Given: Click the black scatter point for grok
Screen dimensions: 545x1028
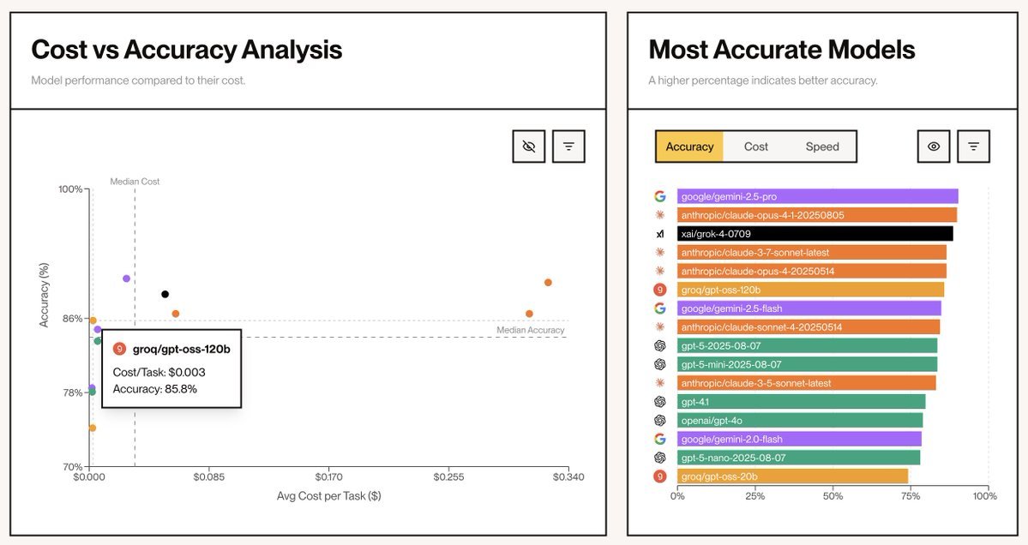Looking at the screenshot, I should [x=165, y=294].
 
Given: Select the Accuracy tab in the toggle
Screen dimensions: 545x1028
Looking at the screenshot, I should [x=689, y=147].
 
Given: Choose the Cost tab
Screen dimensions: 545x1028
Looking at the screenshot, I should [x=755, y=147].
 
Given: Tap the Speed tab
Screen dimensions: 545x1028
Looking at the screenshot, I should [x=822, y=147].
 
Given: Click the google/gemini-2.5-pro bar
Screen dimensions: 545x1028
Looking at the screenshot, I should [x=817, y=196].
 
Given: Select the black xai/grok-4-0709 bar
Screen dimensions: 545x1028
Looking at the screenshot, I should [x=815, y=233].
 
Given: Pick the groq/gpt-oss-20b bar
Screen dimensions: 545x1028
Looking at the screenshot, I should [x=792, y=476].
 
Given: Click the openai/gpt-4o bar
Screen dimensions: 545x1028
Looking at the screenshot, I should [x=800, y=420].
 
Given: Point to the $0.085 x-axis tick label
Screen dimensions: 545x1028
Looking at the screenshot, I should [x=210, y=476].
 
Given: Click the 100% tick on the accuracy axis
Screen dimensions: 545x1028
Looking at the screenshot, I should [x=69, y=189].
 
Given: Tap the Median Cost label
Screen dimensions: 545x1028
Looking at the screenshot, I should [x=135, y=182].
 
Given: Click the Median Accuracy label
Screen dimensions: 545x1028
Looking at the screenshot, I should [x=531, y=330].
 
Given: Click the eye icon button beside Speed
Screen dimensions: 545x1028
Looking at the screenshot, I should [x=934, y=147].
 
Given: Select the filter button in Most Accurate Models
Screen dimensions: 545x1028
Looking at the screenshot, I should [x=973, y=147].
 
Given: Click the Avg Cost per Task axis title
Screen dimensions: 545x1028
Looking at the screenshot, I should [x=328, y=496].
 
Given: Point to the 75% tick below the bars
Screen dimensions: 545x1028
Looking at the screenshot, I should [x=909, y=496].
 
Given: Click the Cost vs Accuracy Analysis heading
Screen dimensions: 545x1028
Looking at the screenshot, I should [x=186, y=50].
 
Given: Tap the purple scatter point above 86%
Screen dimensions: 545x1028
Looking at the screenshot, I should [x=126, y=278].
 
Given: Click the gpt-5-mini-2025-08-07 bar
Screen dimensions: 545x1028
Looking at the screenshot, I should [x=807, y=364].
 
